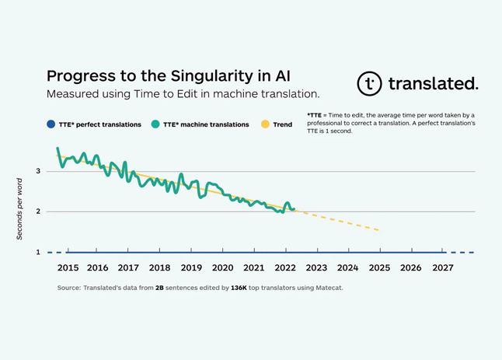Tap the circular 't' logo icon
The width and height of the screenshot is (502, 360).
(x=370, y=84)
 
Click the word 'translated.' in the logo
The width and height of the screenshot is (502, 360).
(x=434, y=84)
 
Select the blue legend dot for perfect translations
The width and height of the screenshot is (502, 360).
(x=51, y=124)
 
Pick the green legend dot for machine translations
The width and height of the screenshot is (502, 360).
(x=155, y=124)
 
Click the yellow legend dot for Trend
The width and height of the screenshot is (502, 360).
(x=267, y=124)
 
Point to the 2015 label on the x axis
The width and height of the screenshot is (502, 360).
(x=67, y=267)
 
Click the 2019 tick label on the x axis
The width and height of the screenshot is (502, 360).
(x=191, y=267)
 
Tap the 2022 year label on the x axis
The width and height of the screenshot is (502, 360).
(x=285, y=267)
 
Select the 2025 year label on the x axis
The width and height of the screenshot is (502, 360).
(x=379, y=267)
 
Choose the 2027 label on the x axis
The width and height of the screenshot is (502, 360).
(x=441, y=267)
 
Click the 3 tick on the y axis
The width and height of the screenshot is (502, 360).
(x=38, y=170)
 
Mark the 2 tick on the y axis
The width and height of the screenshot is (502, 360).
(x=38, y=211)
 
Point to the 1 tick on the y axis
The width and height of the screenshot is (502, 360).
(x=38, y=253)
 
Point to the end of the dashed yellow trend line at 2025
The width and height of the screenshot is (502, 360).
(x=379, y=230)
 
